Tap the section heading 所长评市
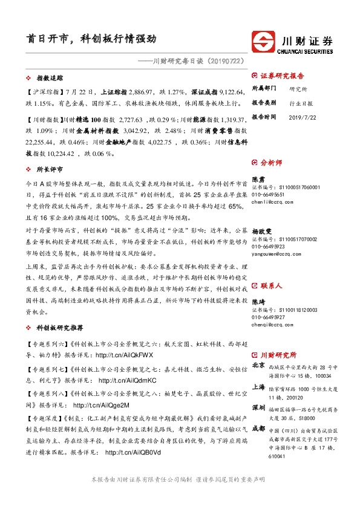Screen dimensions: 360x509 tap(50, 170)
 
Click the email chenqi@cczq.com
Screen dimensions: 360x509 tap(269, 324)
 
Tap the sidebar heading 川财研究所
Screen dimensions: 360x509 tap(278, 355)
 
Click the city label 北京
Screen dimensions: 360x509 tap(258, 365)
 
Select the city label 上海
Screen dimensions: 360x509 tap(258, 387)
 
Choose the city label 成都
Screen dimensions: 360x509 tap(258, 428)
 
